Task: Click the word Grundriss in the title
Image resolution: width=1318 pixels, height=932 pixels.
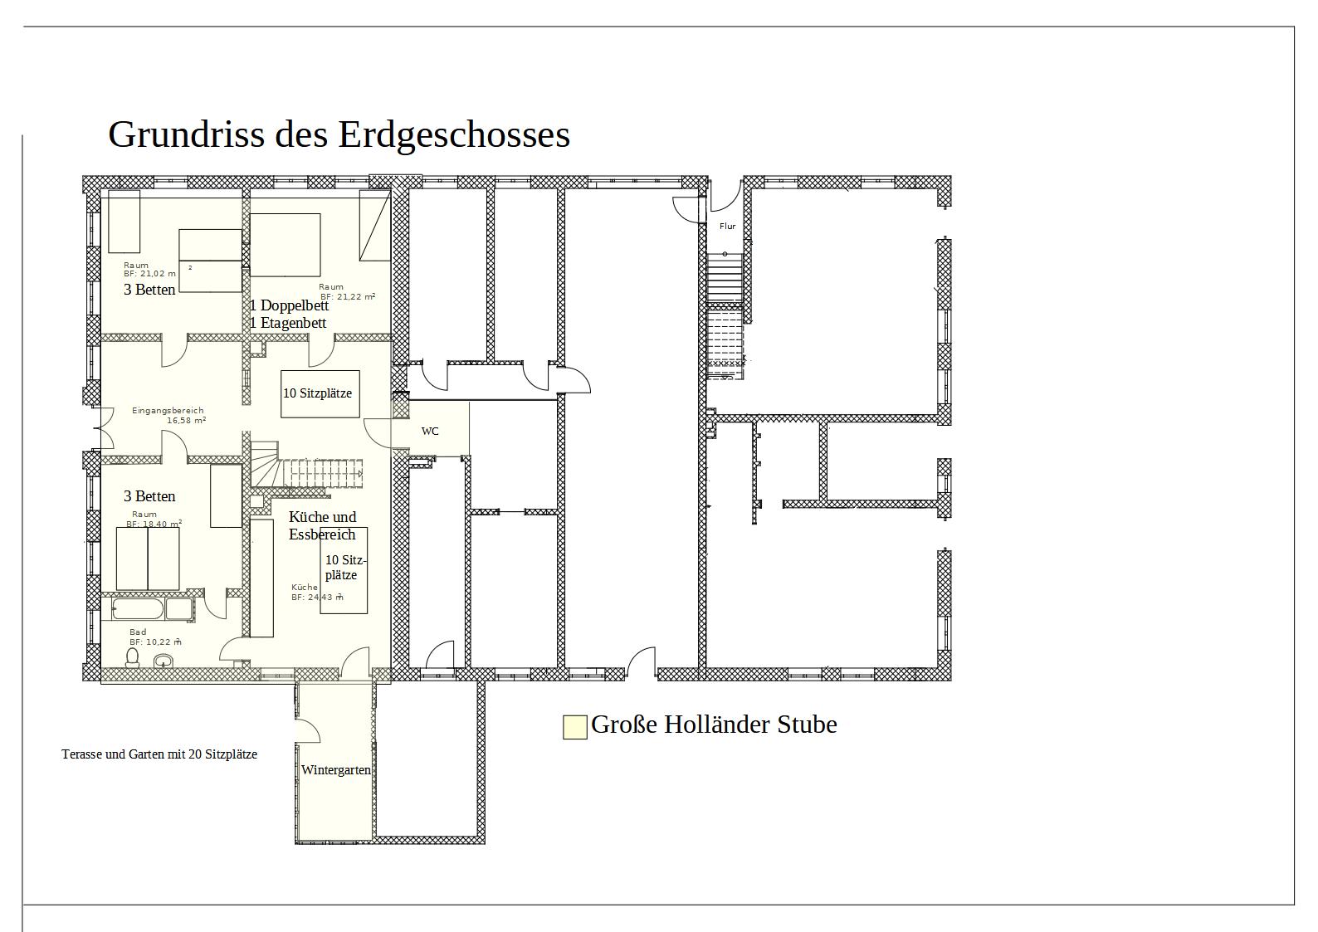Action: [x=186, y=135]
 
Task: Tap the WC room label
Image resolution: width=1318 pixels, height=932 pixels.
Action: [x=430, y=432]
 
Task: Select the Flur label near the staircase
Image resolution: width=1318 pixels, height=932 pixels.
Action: [x=727, y=226]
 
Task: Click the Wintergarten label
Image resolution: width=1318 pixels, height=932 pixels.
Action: [x=336, y=770]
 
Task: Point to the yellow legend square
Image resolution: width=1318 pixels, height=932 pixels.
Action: [x=575, y=727]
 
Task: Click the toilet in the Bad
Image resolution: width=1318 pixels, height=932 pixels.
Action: [x=133, y=658]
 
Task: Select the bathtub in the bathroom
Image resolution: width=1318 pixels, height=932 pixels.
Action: [x=137, y=609]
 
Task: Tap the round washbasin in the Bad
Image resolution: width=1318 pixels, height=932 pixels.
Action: [x=164, y=661]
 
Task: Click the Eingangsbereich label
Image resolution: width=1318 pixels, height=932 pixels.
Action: [x=168, y=411]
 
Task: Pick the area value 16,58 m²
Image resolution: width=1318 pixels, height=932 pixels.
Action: [x=187, y=421]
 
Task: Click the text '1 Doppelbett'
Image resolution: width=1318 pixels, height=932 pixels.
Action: [x=289, y=305]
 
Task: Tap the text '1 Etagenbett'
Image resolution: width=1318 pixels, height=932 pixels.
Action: [x=288, y=323]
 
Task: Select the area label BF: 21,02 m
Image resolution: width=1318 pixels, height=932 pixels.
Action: [x=149, y=274]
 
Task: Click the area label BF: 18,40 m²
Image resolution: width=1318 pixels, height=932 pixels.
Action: [x=154, y=524]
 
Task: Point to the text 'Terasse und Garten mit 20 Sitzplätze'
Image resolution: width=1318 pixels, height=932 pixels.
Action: [x=159, y=754]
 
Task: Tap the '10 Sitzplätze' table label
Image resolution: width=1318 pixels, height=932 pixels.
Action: [x=318, y=393]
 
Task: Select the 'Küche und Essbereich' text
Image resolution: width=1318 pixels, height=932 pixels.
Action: [x=322, y=525]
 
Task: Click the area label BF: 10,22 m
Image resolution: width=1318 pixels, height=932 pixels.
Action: [x=155, y=642]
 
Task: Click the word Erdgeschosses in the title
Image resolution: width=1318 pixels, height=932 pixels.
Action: [x=454, y=135]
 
